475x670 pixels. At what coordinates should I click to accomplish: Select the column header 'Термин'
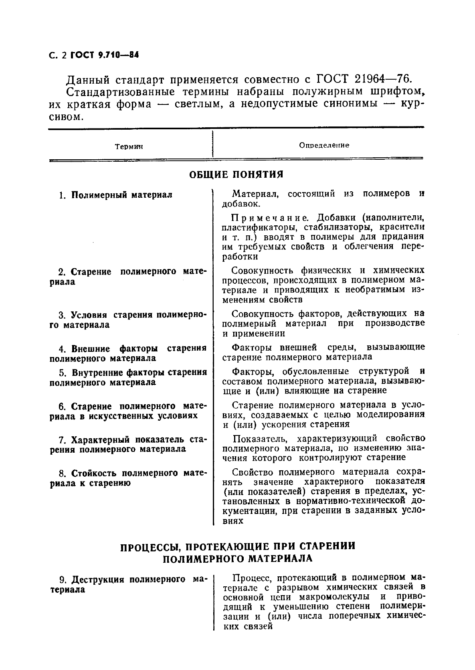click(x=129, y=147)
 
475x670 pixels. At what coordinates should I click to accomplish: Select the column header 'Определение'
click(x=324, y=145)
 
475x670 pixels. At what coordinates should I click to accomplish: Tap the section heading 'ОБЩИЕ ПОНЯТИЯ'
click(x=236, y=175)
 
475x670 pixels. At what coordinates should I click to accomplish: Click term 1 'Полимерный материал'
click(x=122, y=195)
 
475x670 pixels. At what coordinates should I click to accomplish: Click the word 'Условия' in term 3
click(x=90, y=315)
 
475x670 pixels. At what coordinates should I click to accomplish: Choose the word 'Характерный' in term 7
click(x=100, y=440)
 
